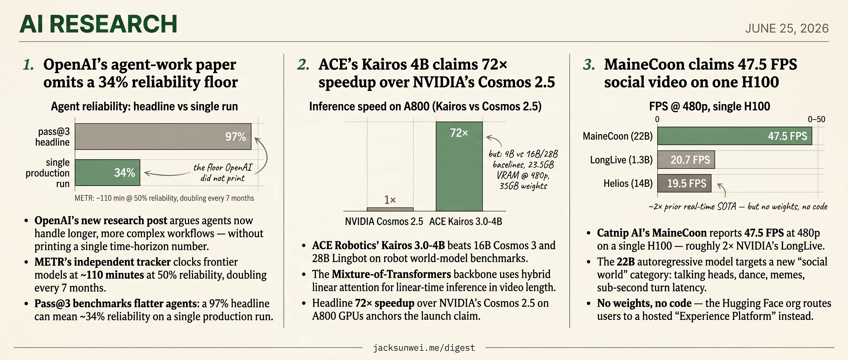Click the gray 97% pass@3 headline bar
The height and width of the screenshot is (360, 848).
point(163,136)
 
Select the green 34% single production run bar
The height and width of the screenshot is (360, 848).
point(107,172)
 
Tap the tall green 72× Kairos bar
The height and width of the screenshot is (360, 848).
point(459,166)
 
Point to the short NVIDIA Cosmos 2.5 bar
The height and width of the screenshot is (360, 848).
point(390,209)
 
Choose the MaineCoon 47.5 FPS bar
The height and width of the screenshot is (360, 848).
point(735,136)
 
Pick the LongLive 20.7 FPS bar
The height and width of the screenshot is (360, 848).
point(686,160)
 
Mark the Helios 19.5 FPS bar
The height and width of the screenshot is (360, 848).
point(684,183)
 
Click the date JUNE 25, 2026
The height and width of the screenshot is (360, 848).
point(787,28)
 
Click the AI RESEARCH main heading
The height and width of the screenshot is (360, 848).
point(99,24)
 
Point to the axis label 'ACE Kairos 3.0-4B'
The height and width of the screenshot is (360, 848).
point(465,221)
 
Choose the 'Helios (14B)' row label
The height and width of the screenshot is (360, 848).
point(628,183)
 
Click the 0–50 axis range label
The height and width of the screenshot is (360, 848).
point(816,119)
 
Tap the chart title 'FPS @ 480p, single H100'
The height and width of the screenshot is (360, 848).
point(709,106)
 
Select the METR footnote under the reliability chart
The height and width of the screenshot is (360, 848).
point(164,198)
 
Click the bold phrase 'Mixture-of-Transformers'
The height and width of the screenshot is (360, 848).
point(391,274)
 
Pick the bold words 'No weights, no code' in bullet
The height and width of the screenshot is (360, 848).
point(644,303)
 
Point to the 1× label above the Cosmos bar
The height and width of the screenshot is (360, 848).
point(390,200)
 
